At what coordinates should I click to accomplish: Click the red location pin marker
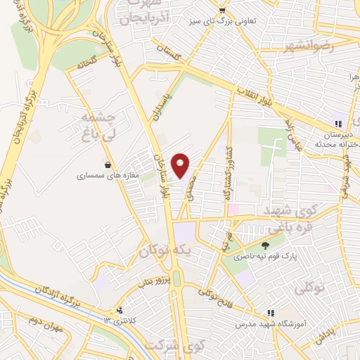pyautogui.click(x=181, y=165)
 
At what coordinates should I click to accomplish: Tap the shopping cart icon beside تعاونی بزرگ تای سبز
pyautogui.click(x=222, y=10)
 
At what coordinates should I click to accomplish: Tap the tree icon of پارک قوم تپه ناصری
pyautogui.click(x=265, y=245)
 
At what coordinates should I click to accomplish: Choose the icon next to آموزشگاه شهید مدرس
pyautogui.click(x=271, y=312)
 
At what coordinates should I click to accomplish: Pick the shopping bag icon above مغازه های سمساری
pyautogui.click(x=107, y=165)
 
